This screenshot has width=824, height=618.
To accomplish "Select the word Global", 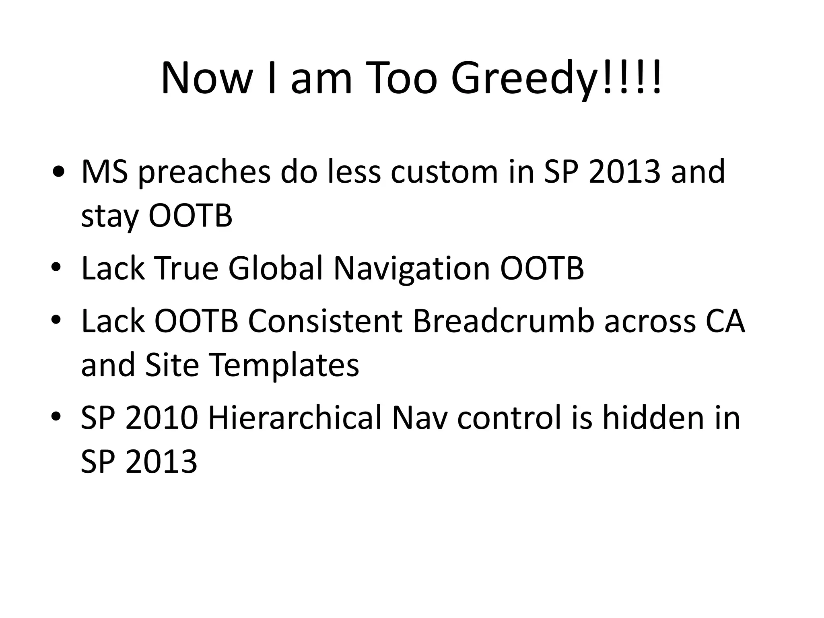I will tap(276, 268).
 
